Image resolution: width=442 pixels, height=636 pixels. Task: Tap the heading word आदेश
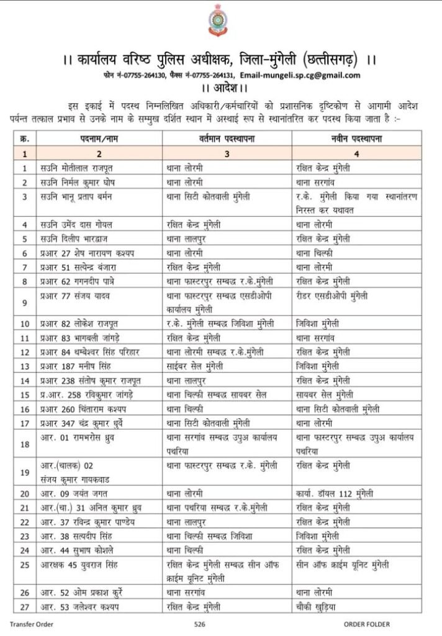tap(220, 87)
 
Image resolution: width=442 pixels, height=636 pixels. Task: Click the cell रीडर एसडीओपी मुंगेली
tap(332, 296)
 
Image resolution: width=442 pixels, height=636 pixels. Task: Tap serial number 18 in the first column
tap(25, 443)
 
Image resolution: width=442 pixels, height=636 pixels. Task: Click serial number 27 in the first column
tap(25, 606)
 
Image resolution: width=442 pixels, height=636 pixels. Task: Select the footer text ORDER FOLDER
tap(367, 624)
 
